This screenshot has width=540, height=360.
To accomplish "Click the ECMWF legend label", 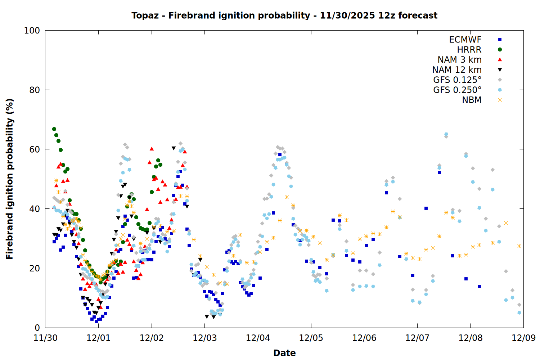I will [465, 40].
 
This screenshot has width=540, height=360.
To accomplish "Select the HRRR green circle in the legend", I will [500, 50].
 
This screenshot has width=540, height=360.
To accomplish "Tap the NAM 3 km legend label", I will [459, 60].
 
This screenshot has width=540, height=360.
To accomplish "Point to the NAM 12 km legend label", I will [457, 70].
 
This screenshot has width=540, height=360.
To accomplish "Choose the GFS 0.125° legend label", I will [457, 80].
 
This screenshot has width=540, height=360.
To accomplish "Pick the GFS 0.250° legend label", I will [457, 90].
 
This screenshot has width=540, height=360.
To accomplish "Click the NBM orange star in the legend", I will [500, 100].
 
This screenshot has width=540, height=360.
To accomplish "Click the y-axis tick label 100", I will [32, 31].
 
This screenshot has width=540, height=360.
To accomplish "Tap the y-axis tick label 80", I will [34, 90].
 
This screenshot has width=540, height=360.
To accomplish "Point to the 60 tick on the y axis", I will [34, 149].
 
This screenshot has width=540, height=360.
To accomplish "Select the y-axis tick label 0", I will [37, 328].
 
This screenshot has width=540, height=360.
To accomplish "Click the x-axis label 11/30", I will [45, 338].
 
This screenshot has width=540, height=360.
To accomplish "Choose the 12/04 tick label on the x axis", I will [258, 338].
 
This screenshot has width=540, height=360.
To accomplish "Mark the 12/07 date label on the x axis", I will [417, 338].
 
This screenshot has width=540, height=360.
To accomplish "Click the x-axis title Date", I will [284, 353].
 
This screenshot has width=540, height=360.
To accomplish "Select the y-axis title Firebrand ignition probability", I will [10, 179].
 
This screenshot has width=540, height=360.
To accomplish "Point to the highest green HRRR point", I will [54, 129].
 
